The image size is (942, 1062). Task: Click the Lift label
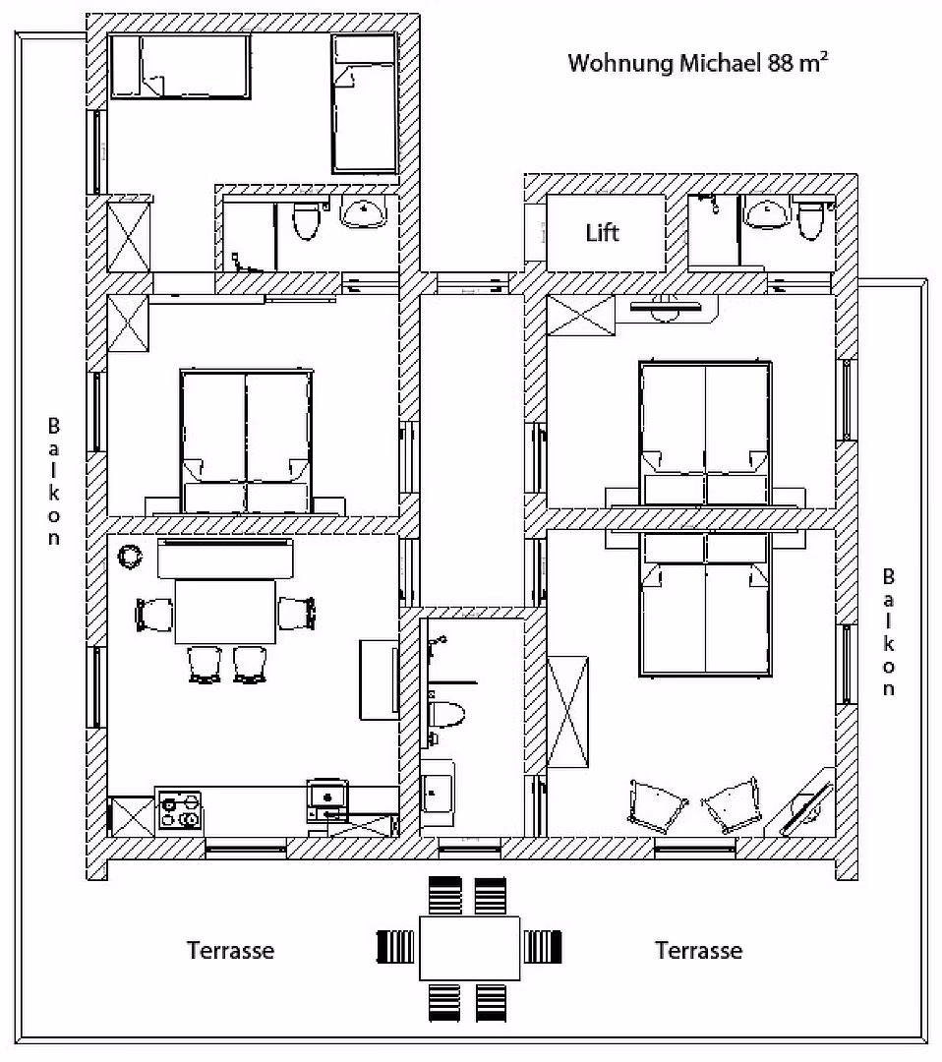pyautogui.click(x=602, y=233)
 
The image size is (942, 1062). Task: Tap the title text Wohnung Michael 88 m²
pyautogui.click(x=697, y=63)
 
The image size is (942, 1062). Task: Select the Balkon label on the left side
pyautogui.click(x=53, y=482)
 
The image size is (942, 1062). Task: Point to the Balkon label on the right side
pyautogui.click(x=889, y=632)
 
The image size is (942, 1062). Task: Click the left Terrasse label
pyautogui.click(x=230, y=950)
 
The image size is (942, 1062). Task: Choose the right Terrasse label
pyautogui.click(x=698, y=950)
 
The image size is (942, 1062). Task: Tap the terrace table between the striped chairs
pyautogui.click(x=469, y=948)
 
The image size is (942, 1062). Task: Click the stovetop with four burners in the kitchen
pyautogui.click(x=180, y=810)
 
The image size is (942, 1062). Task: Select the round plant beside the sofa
pyautogui.click(x=130, y=557)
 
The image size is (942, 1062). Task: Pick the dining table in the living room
pyautogui.click(x=225, y=612)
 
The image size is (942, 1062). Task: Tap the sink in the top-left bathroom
pyautogui.click(x=364, y=212)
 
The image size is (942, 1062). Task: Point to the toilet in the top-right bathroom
pyautogui.click(x=810, y=218)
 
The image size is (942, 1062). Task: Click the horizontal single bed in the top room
pyautogui.click(x=180, y=67)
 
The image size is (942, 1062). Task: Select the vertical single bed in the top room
pyautogui.click(x=364, y=103)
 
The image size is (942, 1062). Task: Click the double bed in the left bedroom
pyautogui.click(x=247, y=441)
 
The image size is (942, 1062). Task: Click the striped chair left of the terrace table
pyautogui.click(x=395, y=947)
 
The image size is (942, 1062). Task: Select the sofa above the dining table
pyautogui.click(x=225, y=559)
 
